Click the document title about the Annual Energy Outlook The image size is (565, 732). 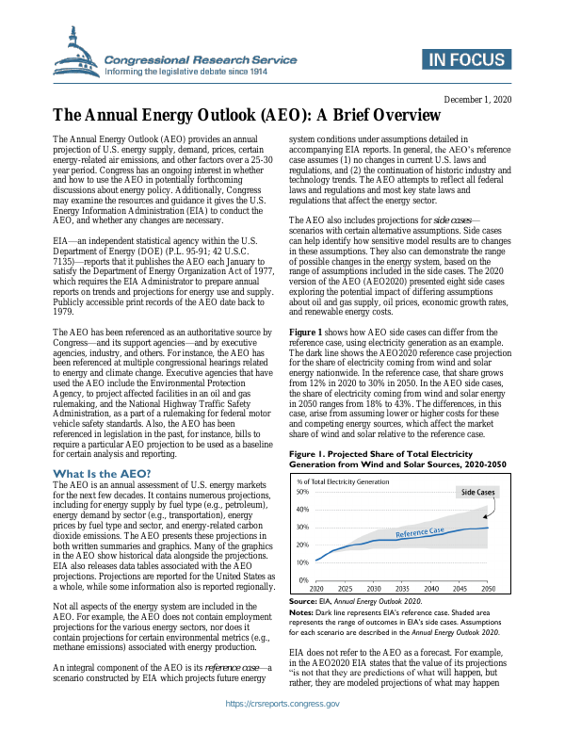pyautogui.click(x=246, y=116)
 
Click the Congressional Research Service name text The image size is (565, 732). pyautogui.click(x=200, y=58)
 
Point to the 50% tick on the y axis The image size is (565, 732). pyautogui.click(x=302, y=492)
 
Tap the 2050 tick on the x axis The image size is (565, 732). pyautogui.click(x=488, y=589)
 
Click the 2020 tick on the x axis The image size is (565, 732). pyautogui.click(x=316, y=589)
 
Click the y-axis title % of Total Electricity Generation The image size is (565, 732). pyautogui.click(x=343, y=481)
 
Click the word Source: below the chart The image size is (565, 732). pyautogui.click(x=301, y=600)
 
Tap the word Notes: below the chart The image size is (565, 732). pyautogui.click(x=300, y=612)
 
